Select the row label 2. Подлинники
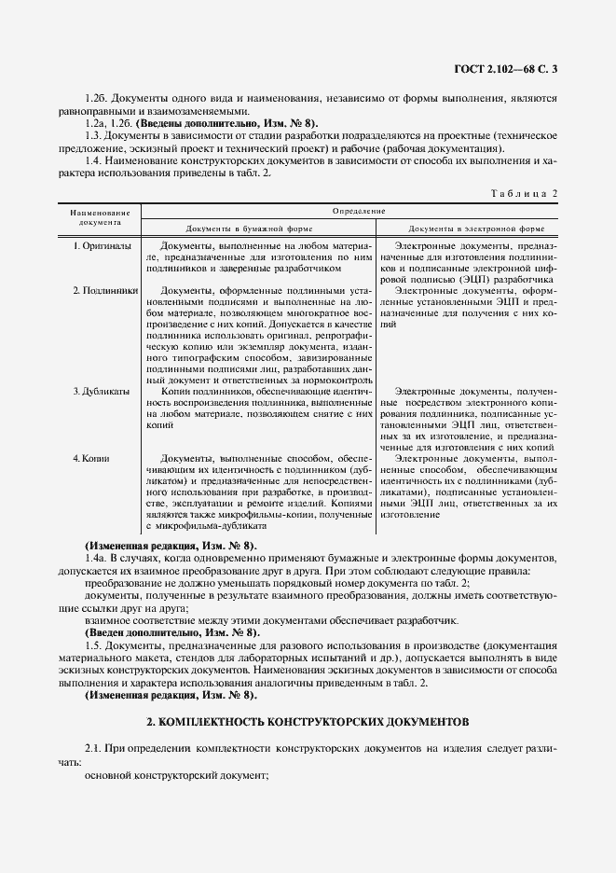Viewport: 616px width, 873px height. pos(105,290)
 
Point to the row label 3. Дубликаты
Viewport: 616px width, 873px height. pos(101,391)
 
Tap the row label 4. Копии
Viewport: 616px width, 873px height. pos(91,459)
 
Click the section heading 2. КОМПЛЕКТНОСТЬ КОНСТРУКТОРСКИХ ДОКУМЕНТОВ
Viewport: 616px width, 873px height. pos(307,723)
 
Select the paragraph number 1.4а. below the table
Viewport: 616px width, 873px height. pos(95,558)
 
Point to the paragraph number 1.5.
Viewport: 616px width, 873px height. pos(92,645)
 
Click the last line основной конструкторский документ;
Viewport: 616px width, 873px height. pos(176,776)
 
